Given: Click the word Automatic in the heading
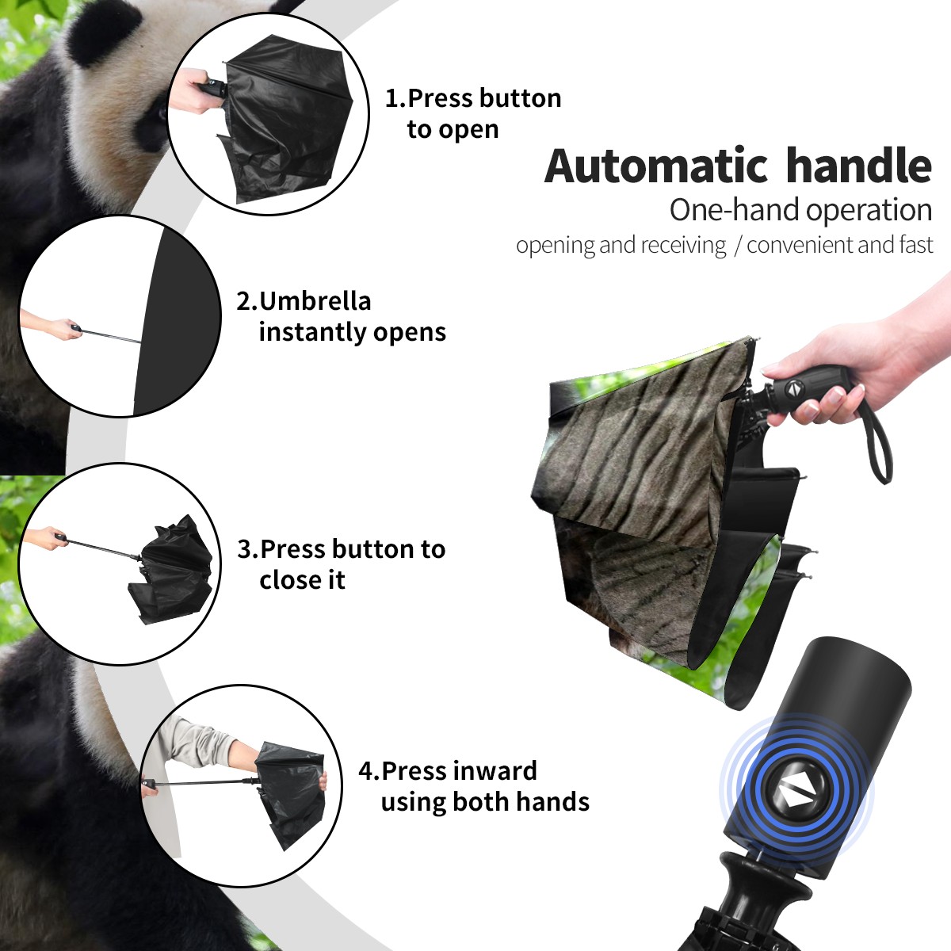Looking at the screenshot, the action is (656, 166).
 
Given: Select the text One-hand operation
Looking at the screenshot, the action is (800, 210).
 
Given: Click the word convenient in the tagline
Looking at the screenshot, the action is (797, 245).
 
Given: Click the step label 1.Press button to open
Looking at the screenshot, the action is (473, 113).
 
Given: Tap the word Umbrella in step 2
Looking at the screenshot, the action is (315, 301).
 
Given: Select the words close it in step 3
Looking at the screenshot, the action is (302, 579).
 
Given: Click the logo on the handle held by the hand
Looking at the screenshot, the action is (794, 389).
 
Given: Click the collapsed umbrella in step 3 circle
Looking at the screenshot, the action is (172, 570).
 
